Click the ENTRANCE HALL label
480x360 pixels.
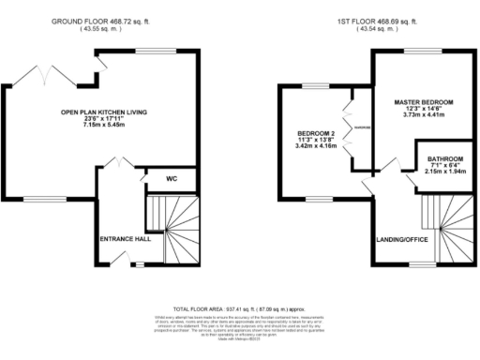[125, 238]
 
